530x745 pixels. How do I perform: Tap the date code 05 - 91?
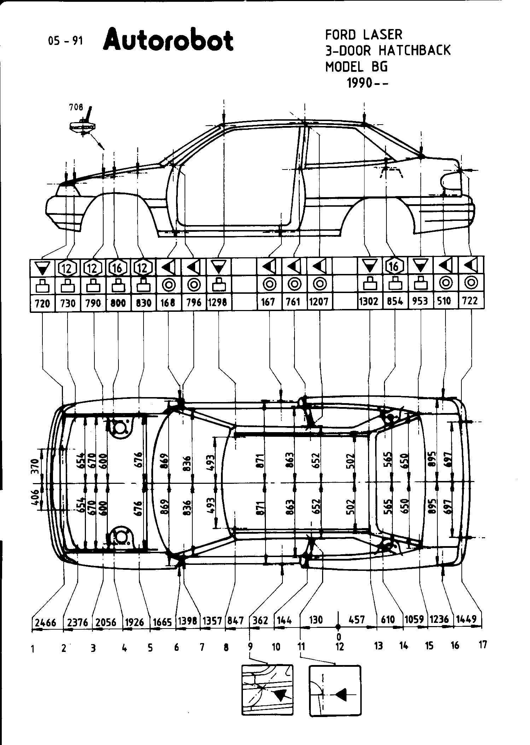[x=65, y=41]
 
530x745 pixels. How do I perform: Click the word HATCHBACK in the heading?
[x=415, y=51]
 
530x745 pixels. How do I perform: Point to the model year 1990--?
[x=367, y=83]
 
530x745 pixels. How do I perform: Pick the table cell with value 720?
[x=42, y=303]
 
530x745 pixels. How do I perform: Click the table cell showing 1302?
[x=369, y=302]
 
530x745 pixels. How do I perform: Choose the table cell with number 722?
[x=470, y=301]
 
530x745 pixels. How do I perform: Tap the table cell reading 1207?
[x=319, y=302]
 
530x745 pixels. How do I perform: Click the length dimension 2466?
[x=46, y=622]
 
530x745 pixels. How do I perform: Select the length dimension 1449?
[x=466, y=619]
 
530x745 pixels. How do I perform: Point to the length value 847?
[x=236, y=621]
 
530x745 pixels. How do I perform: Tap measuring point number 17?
[x=483, y=644]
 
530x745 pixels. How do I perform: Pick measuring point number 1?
[x=33, y=649]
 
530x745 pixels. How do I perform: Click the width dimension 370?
[x=34, y=466]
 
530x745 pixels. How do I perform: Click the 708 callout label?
[x=76, y=107]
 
